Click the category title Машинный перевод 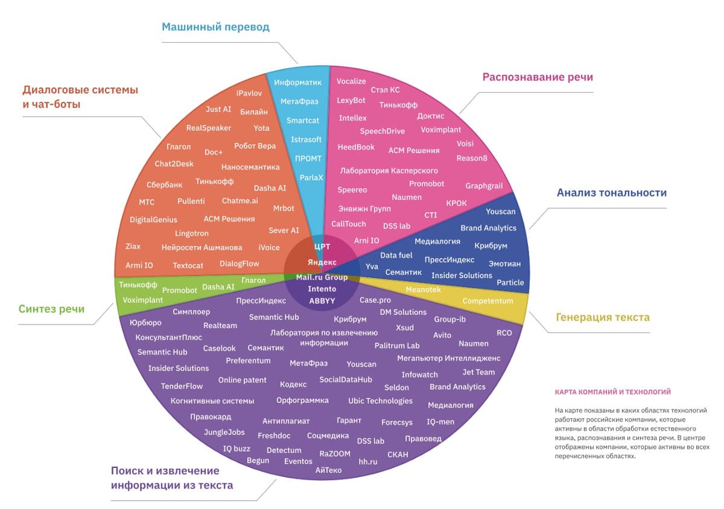[215, 27]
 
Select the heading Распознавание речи [538, 77]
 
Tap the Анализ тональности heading [611, 193]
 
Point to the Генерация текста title [603, 317]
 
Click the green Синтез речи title [51, 309]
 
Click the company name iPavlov [249, 93]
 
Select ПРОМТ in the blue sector [308, 158]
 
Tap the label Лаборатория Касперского [389, 171]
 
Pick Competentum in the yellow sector [487, 301]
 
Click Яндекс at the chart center [322, 262]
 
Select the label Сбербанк [164, 185]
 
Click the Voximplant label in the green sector [142, 300]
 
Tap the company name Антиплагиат [286, 421]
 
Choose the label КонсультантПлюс [168, 337]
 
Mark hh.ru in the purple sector [367, 461]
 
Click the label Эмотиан [505, 264]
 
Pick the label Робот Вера [255, 146]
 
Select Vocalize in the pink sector [351, 81]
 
